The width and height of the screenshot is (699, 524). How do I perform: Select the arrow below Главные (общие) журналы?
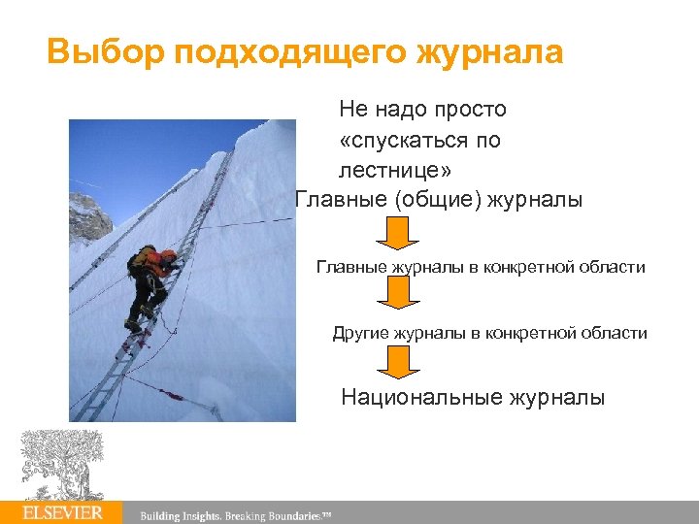coord(396,234)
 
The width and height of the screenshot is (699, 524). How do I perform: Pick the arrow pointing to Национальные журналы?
coord(396,361)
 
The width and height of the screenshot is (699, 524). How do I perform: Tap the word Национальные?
coord(431,397)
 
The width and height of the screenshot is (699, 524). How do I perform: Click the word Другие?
coord(360,333)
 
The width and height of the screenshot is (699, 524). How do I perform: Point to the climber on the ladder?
coord(149,286)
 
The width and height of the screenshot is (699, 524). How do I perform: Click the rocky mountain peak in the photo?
coord(89,215)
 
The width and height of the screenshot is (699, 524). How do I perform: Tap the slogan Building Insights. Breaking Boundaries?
coord(236,514)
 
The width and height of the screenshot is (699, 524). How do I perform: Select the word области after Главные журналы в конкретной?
coord(610,267)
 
